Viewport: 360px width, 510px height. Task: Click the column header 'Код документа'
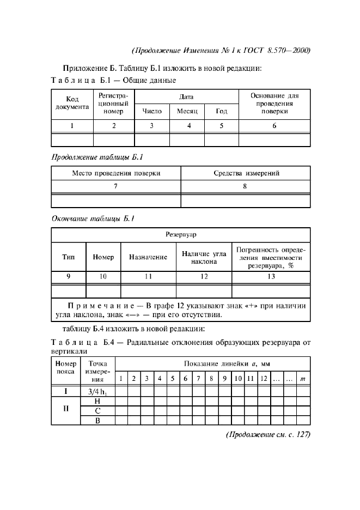click(x=72, y=104)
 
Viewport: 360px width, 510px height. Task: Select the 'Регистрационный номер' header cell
click(x=113, y=104)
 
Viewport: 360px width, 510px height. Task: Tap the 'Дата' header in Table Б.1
click(x=187, y=96)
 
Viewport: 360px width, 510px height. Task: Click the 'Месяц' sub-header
click(x=187, y=111)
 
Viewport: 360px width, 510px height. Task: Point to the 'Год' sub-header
click(x=221, y=111)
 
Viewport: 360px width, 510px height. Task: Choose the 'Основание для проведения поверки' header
click(x=274, y=104)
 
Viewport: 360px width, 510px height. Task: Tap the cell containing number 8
click(x=245, y=186)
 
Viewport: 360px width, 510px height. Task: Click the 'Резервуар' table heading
click(x=181, y=235)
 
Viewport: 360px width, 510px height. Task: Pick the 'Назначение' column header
click(x=148, y=257)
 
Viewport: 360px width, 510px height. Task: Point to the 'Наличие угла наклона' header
click(x=204, y=257)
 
